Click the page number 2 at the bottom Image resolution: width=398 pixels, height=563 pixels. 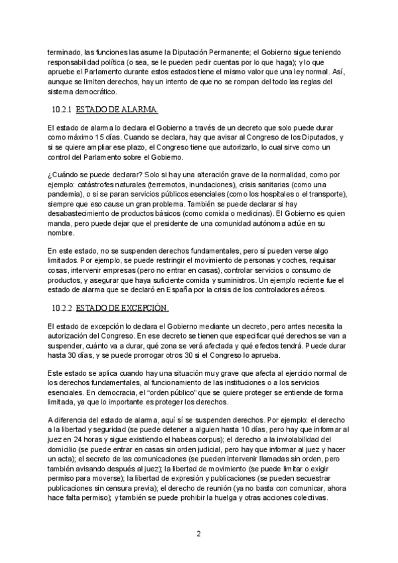pos(199,533)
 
